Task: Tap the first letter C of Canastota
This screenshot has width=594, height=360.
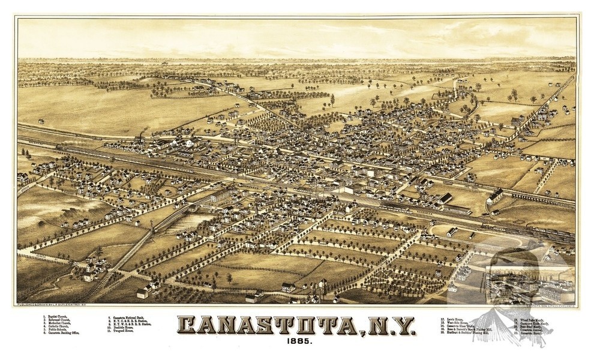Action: [191, 327]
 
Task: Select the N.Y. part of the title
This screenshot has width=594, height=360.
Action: [389, 327]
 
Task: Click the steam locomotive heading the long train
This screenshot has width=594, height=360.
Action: [61, 146]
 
